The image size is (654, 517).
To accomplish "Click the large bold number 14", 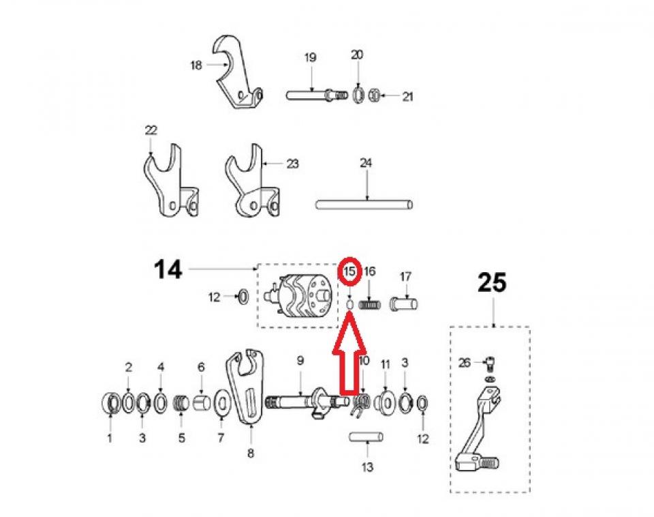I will tap(167, 269).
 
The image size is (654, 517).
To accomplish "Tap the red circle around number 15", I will tap(349, 271).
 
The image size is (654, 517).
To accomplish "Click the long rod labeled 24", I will tap(364, 204).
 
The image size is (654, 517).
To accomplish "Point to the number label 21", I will tap(407, 97).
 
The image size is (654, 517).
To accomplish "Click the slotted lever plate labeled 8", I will tap(245, 389).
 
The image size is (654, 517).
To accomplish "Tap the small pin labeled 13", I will tap(367, 436).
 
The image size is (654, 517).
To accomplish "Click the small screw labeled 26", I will tap(489, 364).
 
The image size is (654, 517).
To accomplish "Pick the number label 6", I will tap(201, 367).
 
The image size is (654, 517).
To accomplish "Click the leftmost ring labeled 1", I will tap(109, 402).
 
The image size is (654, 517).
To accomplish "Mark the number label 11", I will tap(385, 364).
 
